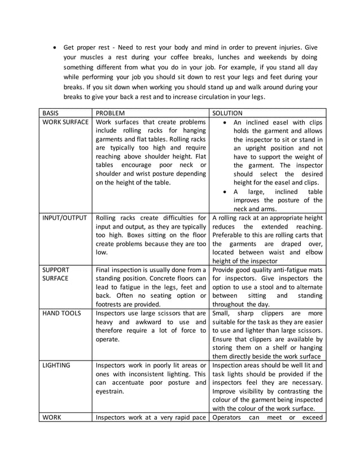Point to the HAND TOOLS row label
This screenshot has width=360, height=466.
click(x=60, y=313)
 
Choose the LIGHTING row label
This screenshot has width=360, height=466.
click(x=56, y=365)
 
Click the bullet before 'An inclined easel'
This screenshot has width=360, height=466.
click(x=225, y=122)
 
